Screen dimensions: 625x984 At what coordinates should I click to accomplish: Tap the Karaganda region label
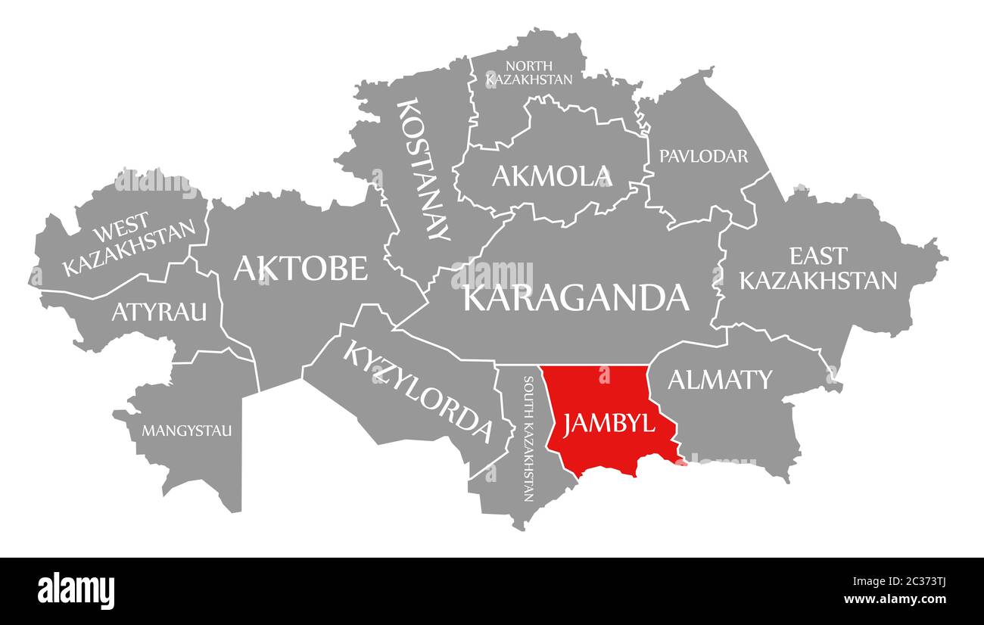pos(576,297)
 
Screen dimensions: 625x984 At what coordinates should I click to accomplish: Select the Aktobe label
pos(300,268)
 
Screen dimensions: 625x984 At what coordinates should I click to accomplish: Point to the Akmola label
pos(551,176)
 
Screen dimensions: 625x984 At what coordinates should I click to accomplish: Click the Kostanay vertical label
pos(423,169)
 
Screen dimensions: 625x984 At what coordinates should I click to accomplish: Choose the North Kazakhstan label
pos(529,72)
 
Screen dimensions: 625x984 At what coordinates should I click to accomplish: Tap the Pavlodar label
pos(703,156)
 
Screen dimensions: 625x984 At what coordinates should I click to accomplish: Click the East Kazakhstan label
pos(817,268)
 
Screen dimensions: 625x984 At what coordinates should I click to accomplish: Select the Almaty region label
pos(719,379)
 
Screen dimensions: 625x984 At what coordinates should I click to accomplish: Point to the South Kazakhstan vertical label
pos(528,439)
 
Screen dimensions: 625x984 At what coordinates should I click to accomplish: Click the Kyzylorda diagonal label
pos(418,390)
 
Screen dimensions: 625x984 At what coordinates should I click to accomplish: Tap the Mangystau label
pos(187,431)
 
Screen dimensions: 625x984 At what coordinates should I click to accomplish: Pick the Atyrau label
pos(159,311)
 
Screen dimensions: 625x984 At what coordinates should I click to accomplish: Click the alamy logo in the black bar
pos(76,590)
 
